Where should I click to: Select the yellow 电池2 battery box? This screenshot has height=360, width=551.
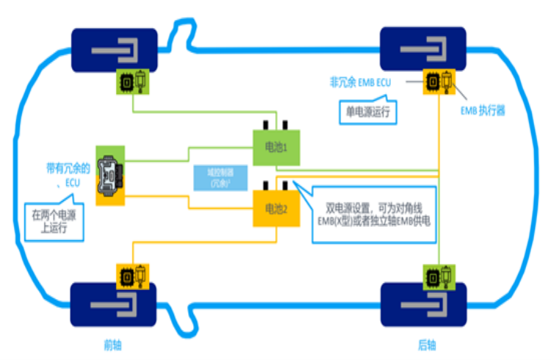[x=275, y=208]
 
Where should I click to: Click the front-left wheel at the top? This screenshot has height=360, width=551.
[x=113, y=50]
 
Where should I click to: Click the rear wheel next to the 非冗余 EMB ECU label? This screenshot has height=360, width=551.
[x=423, y=50]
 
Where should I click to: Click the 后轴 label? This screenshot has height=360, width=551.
[x=428, y=344]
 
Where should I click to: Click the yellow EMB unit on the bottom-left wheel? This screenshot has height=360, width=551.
[x=133, y=276]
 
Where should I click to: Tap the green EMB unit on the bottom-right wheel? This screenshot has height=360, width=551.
[x=439, y=276]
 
